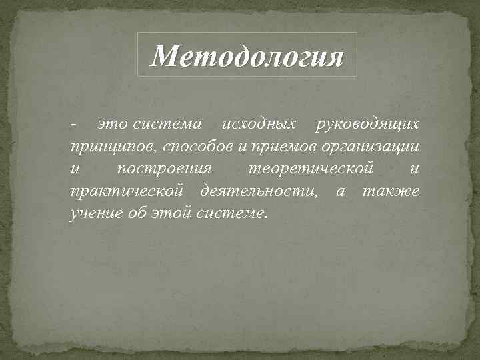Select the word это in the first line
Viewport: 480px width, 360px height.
click(x=113, y=124)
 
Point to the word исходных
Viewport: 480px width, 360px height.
click(x=259, y=124)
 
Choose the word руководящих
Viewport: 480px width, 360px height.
click(x=368, y=124)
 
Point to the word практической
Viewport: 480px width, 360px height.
click(x=126, y=192)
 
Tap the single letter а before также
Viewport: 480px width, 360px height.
click(x=341, y=193)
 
